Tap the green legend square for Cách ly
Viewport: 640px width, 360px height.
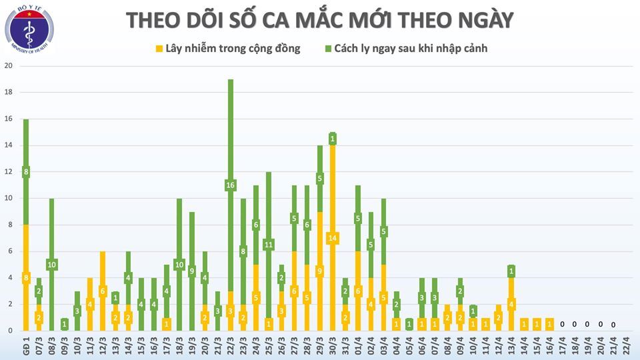tap(329, 49)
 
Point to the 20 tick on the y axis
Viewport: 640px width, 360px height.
tap(9, 66)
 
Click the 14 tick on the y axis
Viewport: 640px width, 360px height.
tap(9, 145)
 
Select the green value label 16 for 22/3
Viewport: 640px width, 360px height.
tap(231, 185)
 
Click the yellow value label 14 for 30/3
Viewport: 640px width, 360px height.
tap(332, 238)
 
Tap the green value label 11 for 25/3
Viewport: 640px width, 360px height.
tap(269, 244)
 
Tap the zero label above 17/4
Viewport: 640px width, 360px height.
tap(562, 324)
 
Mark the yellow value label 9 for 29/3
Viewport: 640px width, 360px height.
tap(319, 271)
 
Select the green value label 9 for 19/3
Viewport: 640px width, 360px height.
tap(192, 271)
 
